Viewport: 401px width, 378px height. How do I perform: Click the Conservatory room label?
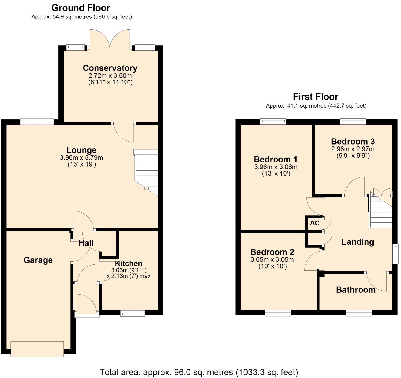coord(110,68)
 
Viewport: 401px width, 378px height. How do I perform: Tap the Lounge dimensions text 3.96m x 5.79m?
coord(81,158)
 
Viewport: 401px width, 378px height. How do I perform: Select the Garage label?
coord(38,260)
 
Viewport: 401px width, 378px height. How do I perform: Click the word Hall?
coord(86,243)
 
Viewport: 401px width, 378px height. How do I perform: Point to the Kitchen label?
coord(128,263)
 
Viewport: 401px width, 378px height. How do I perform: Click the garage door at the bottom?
coord(37,349)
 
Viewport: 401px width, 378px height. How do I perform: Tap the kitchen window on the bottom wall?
coord(133,313)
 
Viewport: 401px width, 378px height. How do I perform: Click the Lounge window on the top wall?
coord(37,121)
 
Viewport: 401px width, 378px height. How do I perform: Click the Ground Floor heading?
coord(81,8)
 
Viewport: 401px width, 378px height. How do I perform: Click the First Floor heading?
coord(315,97)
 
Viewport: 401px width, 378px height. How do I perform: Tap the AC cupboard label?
coord(315,223)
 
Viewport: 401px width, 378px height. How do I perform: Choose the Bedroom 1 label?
coord(275,159)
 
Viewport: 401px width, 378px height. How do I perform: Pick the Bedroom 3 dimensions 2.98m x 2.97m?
coord(353,149)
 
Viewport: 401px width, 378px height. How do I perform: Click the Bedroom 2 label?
coord(272,252)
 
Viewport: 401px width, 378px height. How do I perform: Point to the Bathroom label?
coord(356,290)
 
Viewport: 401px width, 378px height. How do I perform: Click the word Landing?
coord(358,242)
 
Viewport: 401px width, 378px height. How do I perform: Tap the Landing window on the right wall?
coord(396,254)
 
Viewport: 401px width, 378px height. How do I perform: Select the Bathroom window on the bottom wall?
coord(359,313)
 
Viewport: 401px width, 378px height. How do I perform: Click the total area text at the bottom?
coord(199,372)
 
